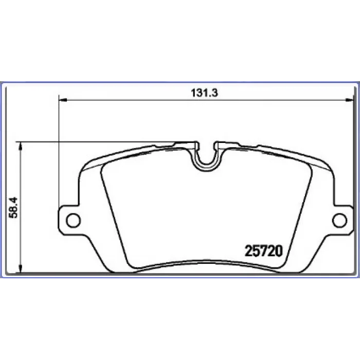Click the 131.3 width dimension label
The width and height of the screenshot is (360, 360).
[x=204, y=93]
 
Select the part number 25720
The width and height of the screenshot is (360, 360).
[x=263, y=251]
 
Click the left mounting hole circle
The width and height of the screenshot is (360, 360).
[x=73, y=220]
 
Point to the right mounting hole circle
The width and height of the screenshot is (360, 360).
[x=339, y=220]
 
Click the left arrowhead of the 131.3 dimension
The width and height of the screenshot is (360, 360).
[x=62, y=100]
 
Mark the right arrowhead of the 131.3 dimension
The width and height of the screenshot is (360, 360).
[x=349, y=100]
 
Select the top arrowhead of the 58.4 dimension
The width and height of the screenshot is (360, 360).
[x=21, y=146]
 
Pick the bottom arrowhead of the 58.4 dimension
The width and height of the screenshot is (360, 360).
[x=21, y=269]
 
